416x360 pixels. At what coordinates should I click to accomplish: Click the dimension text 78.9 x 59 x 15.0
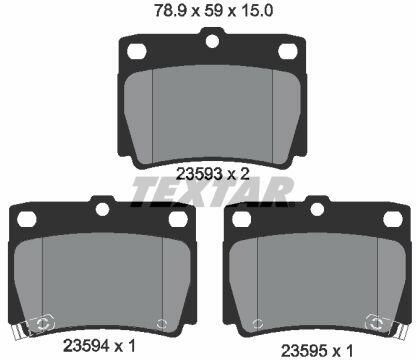[213, 11]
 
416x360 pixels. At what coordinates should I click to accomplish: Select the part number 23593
[199, 174]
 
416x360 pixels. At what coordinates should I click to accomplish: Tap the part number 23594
[86, 346]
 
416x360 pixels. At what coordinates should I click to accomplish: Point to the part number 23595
[304, 351]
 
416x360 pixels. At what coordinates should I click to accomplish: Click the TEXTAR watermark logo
[213, 191]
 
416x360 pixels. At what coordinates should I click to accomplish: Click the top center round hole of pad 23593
[212, 41]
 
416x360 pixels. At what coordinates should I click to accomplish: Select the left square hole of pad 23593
[137, 51]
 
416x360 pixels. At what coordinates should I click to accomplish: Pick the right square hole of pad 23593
[288, 51]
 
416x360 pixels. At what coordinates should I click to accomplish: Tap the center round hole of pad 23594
[102, 209]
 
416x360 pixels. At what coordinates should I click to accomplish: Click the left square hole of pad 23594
[27, 219]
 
